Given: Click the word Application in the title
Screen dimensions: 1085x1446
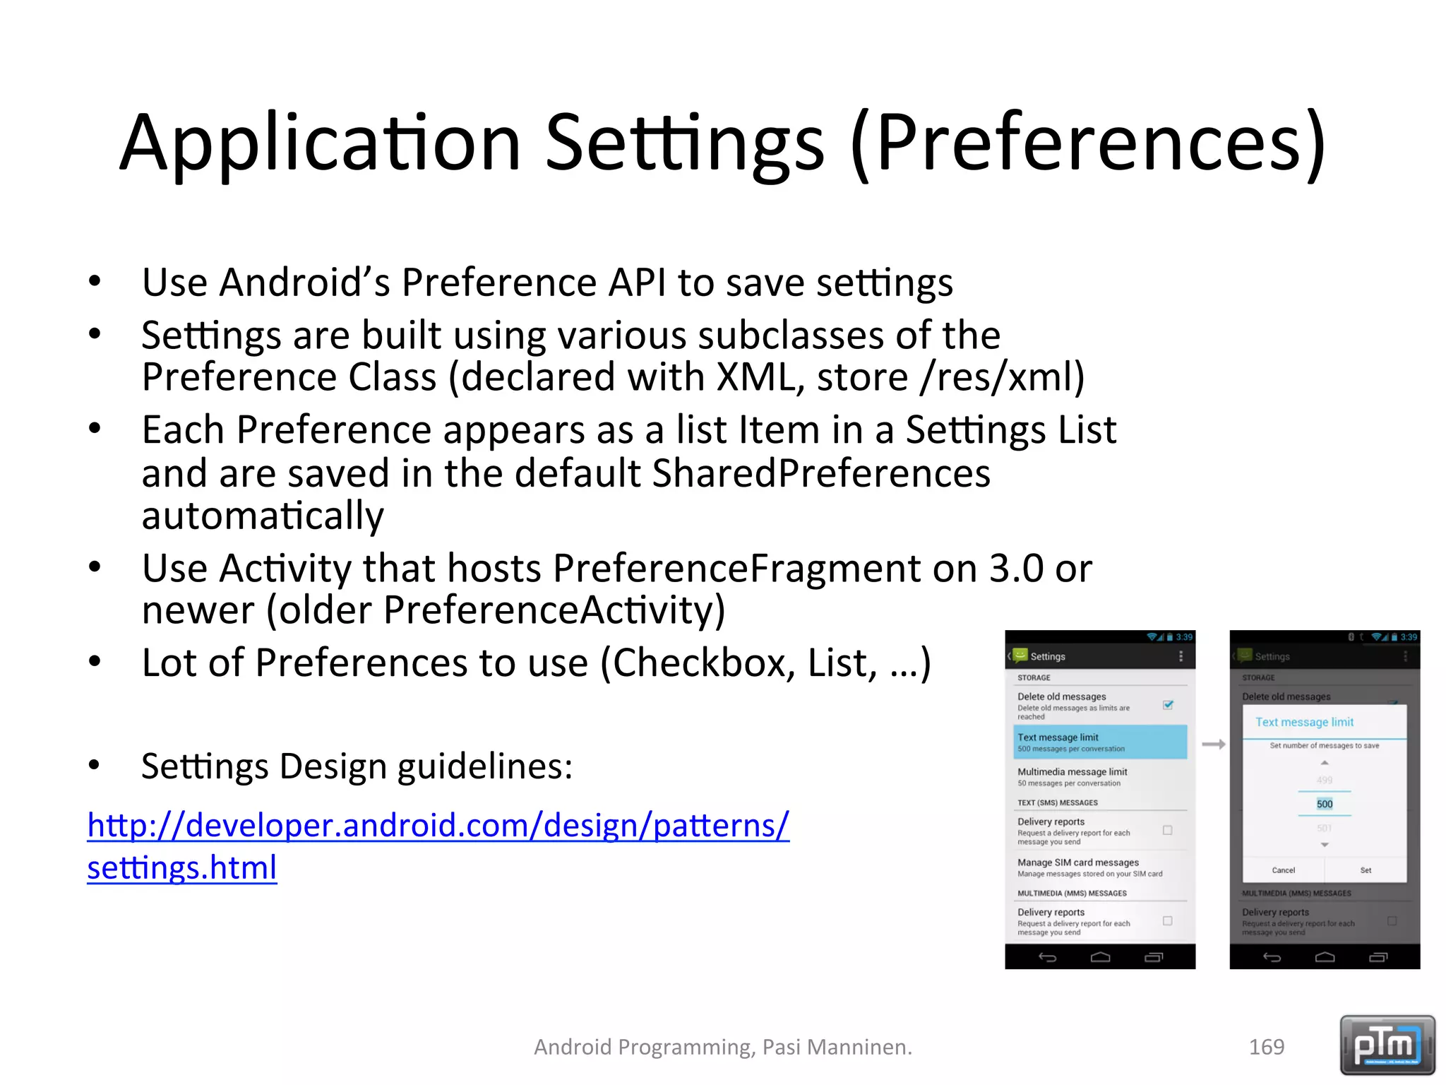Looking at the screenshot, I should point(320,143).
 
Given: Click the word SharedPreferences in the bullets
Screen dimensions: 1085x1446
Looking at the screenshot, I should point(820,473).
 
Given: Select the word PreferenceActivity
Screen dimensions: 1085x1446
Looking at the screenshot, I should point(554,610).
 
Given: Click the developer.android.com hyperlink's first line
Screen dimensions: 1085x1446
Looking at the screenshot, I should point(438,825).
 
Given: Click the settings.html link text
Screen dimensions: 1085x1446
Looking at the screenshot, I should point(181,867).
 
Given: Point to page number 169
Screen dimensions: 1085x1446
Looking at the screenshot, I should point(1266,1047).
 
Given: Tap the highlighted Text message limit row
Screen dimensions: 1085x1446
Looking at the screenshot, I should point(1099,742).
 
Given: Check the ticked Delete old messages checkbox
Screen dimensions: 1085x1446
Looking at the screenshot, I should point(1168,705).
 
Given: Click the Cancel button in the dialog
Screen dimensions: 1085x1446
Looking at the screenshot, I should point(1283,870).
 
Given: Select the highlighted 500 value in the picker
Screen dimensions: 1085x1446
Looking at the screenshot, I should point(1325,804).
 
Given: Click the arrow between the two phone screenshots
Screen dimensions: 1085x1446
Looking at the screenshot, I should point(1213,744).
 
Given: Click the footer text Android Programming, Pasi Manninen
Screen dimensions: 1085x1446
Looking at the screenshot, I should point(722,1047).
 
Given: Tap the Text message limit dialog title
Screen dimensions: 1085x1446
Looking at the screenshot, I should point(1304,722).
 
